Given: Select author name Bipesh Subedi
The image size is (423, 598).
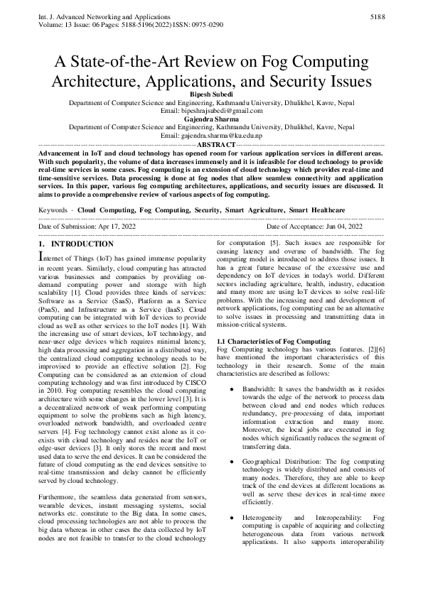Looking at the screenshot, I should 211,94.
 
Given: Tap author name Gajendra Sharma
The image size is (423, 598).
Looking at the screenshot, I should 211,119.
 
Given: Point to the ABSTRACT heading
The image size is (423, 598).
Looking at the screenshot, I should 211,143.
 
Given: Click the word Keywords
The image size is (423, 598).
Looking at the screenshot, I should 53,210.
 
